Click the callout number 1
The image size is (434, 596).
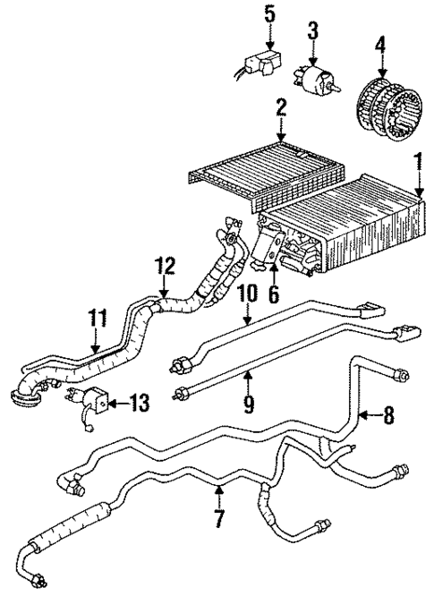click(418, 163)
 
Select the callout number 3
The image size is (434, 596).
click(311, 33)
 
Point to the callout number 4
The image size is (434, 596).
click(381, 42)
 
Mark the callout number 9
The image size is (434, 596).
click(248, 404)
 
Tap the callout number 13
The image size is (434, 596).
click(140, 404)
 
